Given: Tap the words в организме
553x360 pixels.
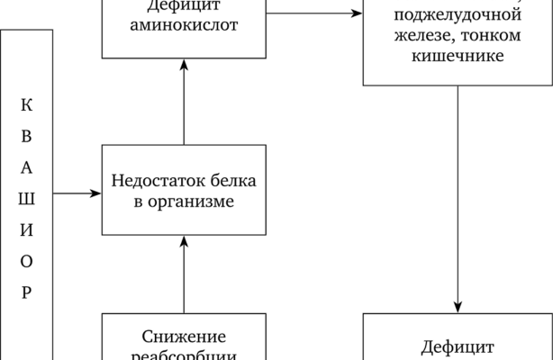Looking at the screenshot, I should [184, 202].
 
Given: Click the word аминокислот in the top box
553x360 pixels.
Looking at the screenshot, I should [184, 25].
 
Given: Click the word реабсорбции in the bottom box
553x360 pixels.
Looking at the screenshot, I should [184, 355].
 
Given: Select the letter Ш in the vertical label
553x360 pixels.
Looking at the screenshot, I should [27, 198].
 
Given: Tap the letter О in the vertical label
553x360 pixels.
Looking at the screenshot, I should [27, 261].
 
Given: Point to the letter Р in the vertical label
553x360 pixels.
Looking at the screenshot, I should [27, 292].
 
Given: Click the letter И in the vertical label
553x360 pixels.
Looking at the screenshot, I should [27, 229].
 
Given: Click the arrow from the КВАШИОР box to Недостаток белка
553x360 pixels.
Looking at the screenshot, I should [77, 192].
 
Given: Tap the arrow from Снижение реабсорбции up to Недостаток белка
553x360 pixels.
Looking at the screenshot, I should [184, 274].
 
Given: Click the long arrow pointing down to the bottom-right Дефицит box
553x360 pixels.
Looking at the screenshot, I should [458, 198].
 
